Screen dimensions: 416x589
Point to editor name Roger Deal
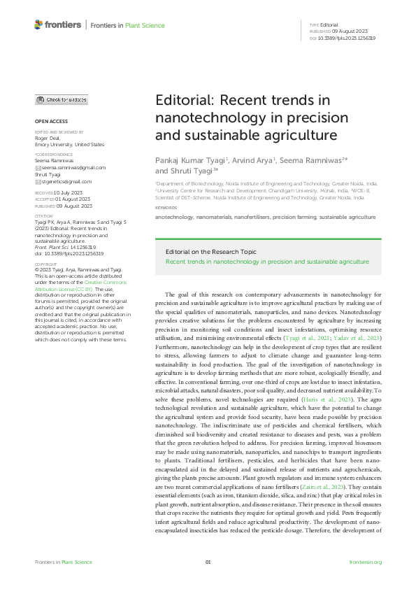click(x=48, y=139)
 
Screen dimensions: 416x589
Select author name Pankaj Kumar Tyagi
click(x=185, y=159)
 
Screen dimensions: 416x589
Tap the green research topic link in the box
click(x=266, y=262)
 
